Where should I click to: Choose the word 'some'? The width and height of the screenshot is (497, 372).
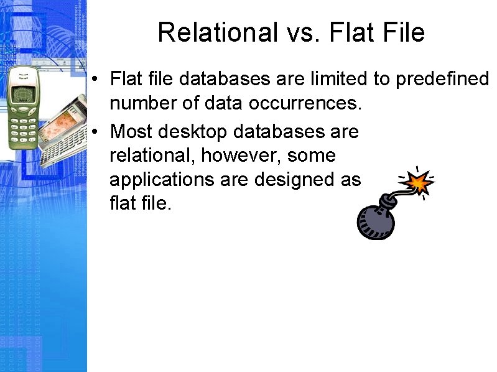[312, 156]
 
